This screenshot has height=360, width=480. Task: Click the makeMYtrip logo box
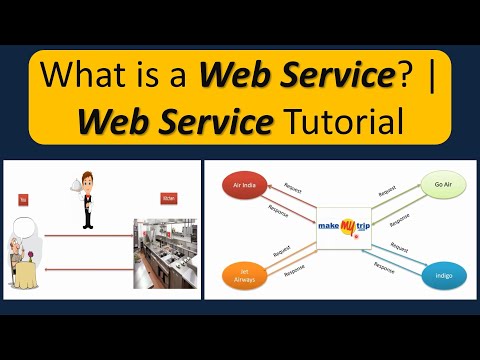pyautogui.click(x=341, y=229)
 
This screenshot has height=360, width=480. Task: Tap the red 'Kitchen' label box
pyautogui.click(x=169, y=200)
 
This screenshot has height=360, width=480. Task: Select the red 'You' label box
pyautogui.click(x=23, y=200)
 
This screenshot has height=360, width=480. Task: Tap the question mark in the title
pyautogui.click(x=398, y=75)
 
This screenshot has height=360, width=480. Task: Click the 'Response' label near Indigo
pyautogui.click(x=383, y=268)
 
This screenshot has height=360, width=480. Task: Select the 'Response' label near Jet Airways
pyautogui.click(x=294, y=268)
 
